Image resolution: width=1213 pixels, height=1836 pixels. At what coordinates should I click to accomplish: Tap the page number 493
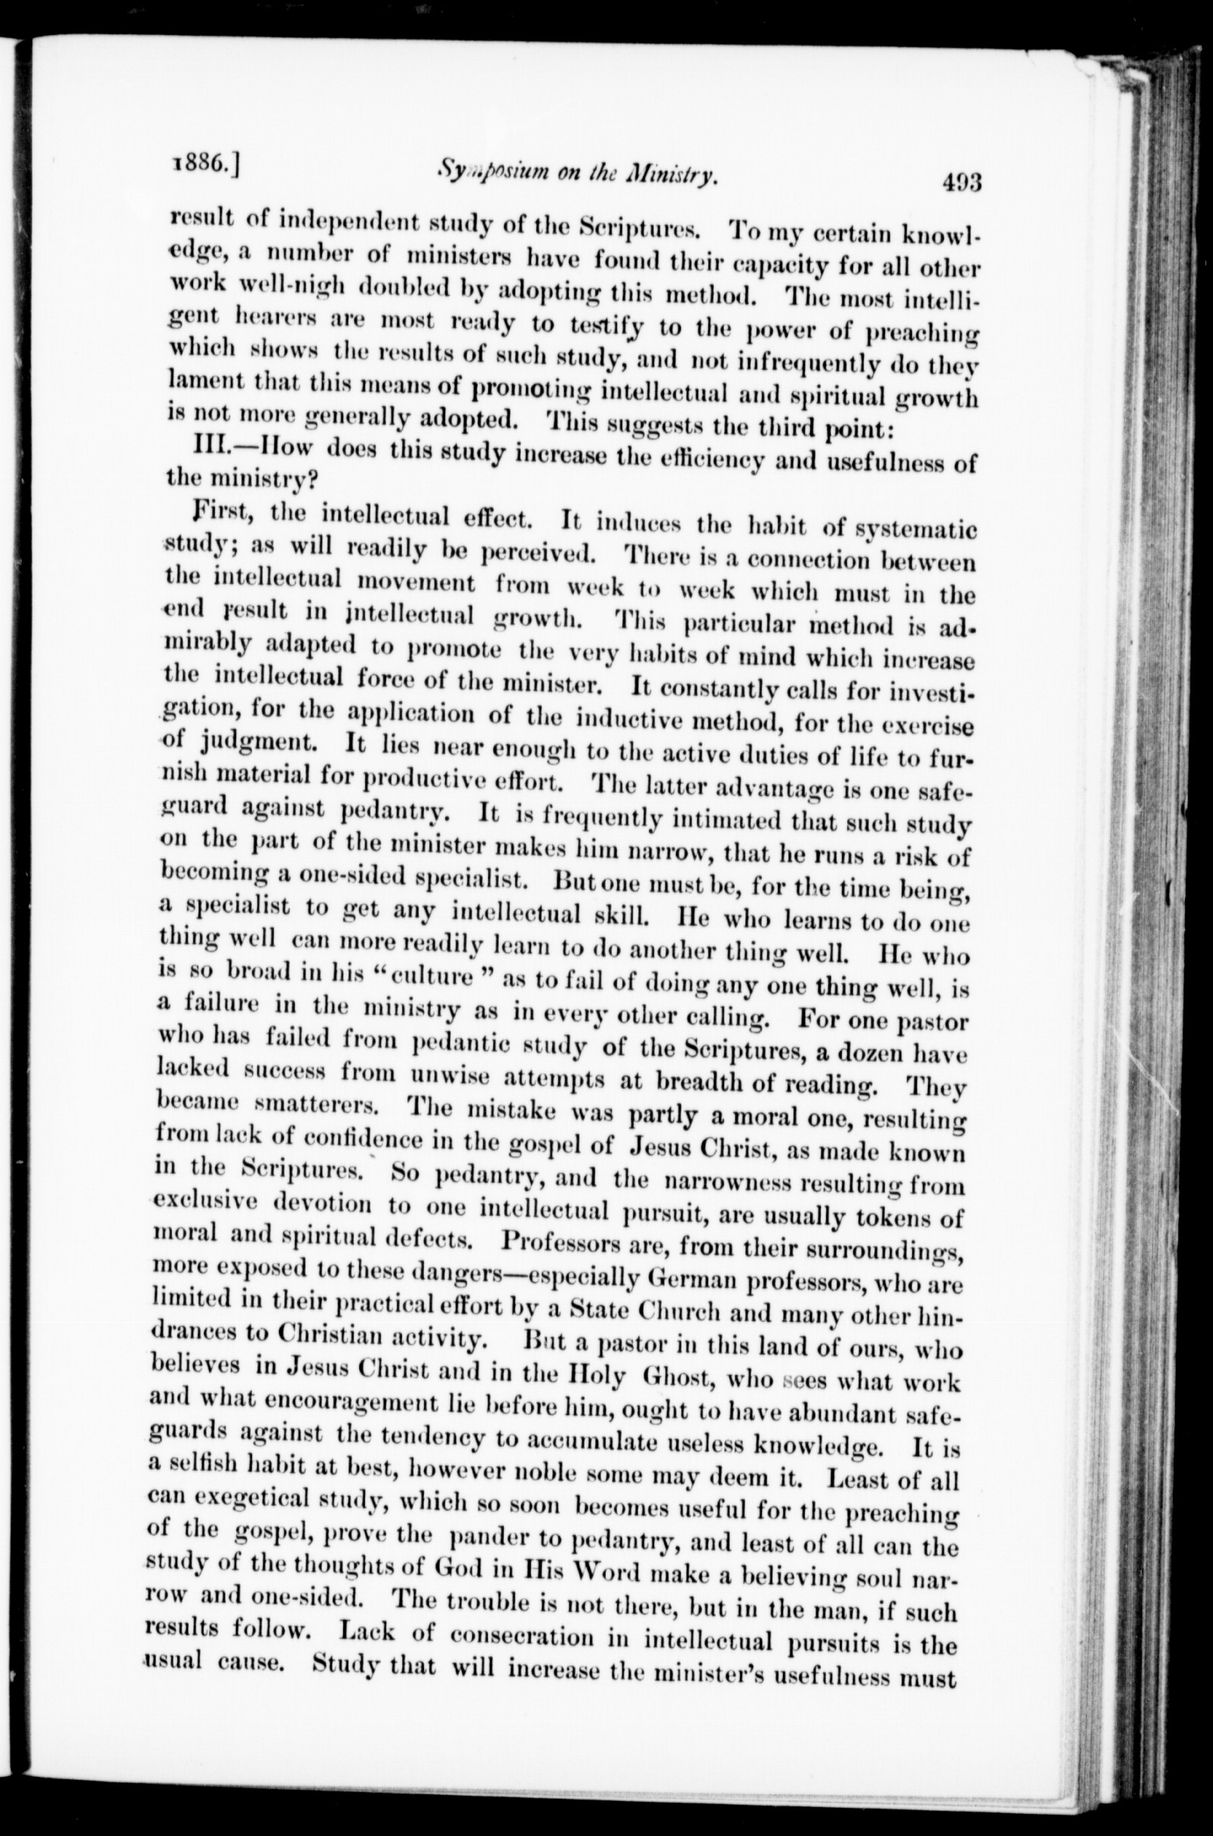962,183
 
